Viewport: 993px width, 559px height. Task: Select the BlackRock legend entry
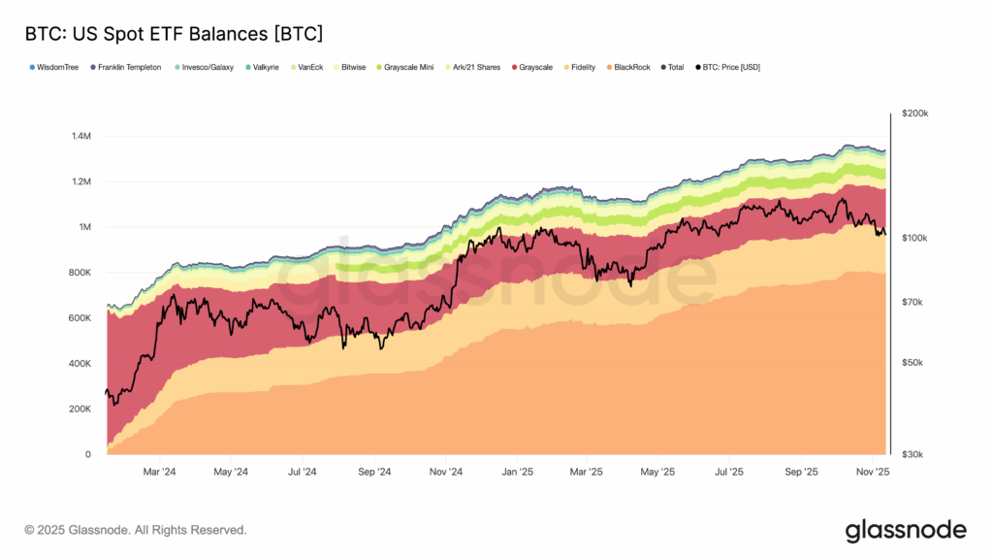click(x=632, y=67)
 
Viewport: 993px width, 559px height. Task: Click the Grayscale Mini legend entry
click(x=409, y=67)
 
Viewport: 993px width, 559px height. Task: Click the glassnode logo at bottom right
click(x=906, y=530)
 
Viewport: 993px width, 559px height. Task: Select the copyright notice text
click(x=136, y=530)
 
